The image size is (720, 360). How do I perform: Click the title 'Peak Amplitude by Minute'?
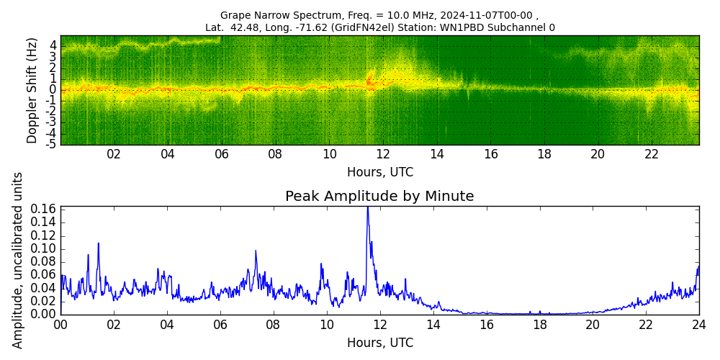(x=379, y=197)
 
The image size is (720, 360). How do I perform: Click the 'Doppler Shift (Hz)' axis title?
(x=32, y=91)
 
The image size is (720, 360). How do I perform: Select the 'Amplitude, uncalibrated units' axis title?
(x=18, y=260)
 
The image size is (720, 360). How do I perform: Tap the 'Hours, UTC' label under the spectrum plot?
(x=379, y=173)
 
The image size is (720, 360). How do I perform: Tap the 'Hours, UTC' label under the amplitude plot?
(x=379, y=343)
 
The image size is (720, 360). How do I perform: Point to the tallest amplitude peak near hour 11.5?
(x=367, y=208)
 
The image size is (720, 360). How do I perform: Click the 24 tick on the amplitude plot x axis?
(x=698, y=324)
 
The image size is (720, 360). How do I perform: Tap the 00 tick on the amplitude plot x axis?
(x=60, y=324)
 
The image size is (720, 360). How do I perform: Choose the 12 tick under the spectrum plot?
(x=383, y=154)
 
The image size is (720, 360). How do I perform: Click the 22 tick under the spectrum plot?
(x=652, y=154)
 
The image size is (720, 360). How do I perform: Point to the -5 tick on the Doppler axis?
(x=52, y=144)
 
